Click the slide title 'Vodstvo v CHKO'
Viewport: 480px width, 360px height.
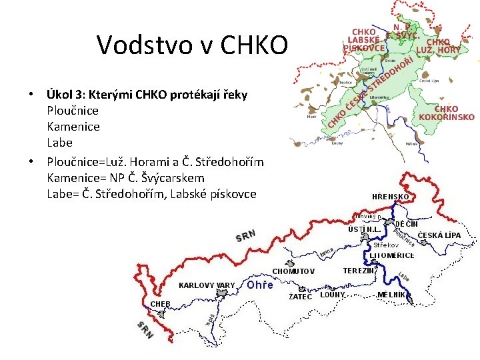tap(193, 45)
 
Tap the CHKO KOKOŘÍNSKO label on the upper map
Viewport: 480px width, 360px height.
tap(446, 113)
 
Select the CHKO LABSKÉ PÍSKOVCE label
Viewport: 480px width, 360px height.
tap(364, 39)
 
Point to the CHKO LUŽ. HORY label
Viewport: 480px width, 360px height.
tap(439, 45)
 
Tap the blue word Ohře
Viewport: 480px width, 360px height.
tap(260, 285)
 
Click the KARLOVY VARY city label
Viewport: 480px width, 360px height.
tap(207, 285)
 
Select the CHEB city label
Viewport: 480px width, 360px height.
tap(160, 304)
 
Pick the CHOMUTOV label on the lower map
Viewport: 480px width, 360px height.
tap(293, 271)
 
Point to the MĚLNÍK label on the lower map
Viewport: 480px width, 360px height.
tap(391, 294)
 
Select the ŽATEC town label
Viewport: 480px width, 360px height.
tap(300, 297)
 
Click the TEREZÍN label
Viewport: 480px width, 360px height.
tap(358, 271)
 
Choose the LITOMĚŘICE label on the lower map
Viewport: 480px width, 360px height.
tap(392, 255)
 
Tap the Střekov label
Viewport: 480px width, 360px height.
tap(386, 245)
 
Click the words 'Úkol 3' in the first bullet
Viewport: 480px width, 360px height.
tap(65, 95)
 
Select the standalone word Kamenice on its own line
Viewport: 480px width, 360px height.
tap(73, 126)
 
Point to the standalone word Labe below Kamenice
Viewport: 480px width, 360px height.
tap(59, 143)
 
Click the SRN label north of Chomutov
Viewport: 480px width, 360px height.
tap(246, 237)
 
